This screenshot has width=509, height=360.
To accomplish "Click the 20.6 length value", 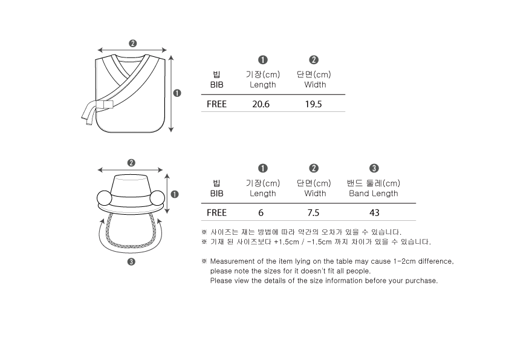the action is click(261, 104).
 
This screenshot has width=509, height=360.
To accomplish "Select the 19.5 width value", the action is click(313, 104).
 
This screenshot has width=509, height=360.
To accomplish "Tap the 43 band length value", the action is click(374, 212).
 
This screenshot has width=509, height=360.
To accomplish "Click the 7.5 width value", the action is click(313, 212).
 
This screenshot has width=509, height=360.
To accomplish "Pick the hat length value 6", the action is click(261, 212).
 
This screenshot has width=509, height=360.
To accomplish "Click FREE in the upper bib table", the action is click(216, 104).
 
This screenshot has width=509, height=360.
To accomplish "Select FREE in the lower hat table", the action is click(216, 212).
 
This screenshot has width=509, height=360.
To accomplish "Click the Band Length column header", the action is click(374, 194).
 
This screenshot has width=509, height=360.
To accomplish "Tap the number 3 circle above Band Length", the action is click(374, 168).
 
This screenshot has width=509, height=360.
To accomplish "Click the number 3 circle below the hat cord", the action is click(131, 261).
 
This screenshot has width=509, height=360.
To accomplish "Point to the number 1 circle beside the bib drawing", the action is click(177, 93).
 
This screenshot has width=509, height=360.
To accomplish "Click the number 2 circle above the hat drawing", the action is click(131, 163).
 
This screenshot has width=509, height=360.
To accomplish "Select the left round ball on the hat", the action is click(105, 198).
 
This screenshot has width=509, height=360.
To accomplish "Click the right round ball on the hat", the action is click(157, 198).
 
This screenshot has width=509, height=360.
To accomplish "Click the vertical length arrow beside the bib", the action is click(171, 94).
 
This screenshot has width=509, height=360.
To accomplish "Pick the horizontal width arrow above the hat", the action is click(130, 169).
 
